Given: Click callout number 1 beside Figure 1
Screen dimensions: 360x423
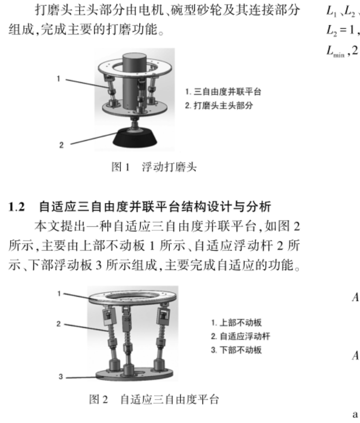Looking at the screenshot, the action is [x=58, y=79].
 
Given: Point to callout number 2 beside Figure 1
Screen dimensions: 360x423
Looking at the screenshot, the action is [x=61, y=145].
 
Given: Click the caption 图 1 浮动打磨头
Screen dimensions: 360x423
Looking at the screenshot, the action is [x=154, y=167].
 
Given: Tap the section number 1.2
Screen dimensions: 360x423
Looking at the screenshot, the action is [x=17, y=207].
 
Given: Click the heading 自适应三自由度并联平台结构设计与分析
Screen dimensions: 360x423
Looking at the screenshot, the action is [x=155, y=207].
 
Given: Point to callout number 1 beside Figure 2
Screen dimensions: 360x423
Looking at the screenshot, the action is [x=60, y=293].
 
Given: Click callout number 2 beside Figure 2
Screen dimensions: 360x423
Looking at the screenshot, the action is [x=58, y=324].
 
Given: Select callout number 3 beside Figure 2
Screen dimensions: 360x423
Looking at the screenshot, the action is [x=61, y=377].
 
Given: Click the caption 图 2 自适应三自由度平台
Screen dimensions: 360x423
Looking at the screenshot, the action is [x=154, y=399].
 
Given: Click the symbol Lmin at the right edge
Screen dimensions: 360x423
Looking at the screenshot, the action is [x=336, y=51].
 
